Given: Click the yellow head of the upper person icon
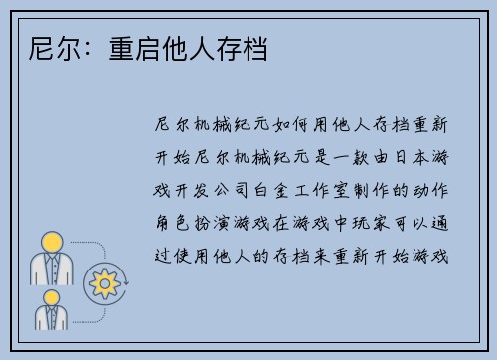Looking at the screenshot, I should click(49, 243).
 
